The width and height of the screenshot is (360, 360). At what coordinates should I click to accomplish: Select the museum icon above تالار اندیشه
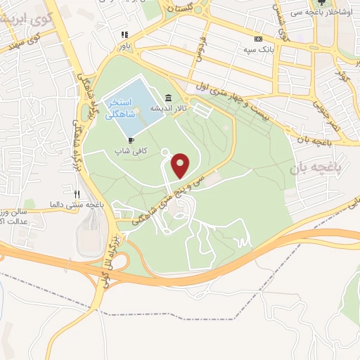pos(168,98)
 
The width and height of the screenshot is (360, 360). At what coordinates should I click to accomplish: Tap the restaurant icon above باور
pos(124,34)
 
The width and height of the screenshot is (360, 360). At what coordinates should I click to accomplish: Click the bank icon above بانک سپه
pos(258,39)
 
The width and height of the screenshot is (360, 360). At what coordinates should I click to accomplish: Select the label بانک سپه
pos(258,50)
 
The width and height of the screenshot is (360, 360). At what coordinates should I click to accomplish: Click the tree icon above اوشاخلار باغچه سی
pos(323,4)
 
